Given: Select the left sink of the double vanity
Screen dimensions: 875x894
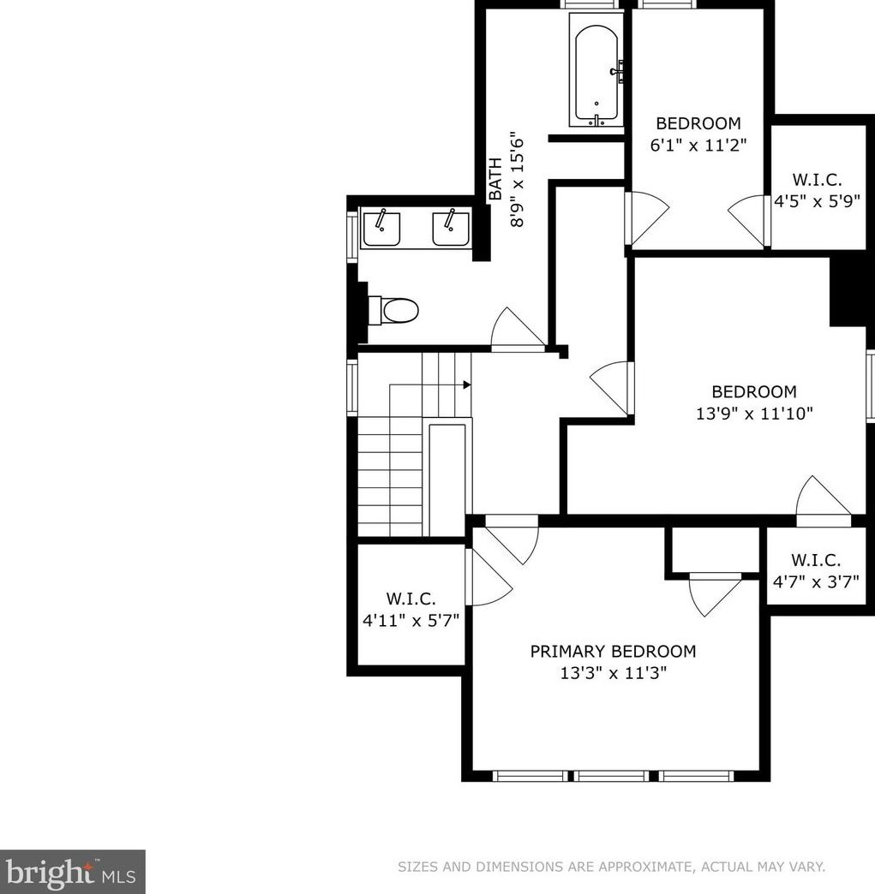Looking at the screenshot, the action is point(381,228).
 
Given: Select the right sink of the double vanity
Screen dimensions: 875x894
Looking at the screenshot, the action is point(451,228).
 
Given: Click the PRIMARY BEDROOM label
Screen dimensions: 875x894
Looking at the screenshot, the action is point(613,651).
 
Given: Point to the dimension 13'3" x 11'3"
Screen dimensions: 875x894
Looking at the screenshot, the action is point(613,673).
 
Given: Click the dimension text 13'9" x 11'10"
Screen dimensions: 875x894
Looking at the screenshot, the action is point(754,414).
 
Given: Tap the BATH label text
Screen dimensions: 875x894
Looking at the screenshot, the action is point(495,178).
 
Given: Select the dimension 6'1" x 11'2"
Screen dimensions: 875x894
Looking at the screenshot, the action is point(698,145).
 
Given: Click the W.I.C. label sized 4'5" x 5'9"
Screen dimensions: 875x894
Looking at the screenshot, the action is point(817,180).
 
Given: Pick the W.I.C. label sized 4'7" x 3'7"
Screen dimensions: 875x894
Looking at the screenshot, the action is point(816,560).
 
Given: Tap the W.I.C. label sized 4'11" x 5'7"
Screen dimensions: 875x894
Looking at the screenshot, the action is point(411,599).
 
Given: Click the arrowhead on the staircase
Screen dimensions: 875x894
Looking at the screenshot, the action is point(467,384).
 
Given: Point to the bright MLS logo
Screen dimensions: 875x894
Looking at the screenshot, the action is point(73,872).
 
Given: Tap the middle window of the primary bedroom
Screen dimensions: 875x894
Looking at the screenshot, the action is point(611,776).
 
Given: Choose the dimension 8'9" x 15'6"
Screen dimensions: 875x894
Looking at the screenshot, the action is point(517,182).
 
